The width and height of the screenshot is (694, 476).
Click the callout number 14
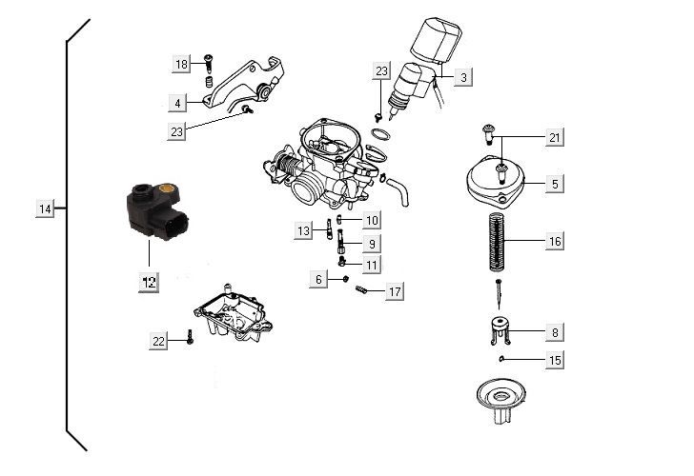click(x=45, y=208)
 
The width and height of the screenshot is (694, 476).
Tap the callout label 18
click(x=181, y=64)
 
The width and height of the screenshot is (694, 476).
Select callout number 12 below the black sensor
click(x=149, y=281)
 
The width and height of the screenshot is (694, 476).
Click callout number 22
click(x=158, y=340)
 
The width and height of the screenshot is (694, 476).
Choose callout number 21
click(x=554, y=139)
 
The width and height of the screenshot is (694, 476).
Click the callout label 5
click(x=554, y=183)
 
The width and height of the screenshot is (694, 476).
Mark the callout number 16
click(x=554, y=242)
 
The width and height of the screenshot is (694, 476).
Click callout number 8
click(x=554, y=333)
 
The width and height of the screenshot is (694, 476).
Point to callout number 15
click(x=554, y=361)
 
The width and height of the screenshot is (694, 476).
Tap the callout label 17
click(x=394, y=291)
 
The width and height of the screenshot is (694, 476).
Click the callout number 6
click(x=318, y=279)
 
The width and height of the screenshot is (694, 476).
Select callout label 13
click(x=303, y=230)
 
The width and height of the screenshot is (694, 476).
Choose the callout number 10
click(x=371, y=220)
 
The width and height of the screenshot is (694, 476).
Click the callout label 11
click(x=371, y=263)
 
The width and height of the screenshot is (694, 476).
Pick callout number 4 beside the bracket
click(x=178, y=102)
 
